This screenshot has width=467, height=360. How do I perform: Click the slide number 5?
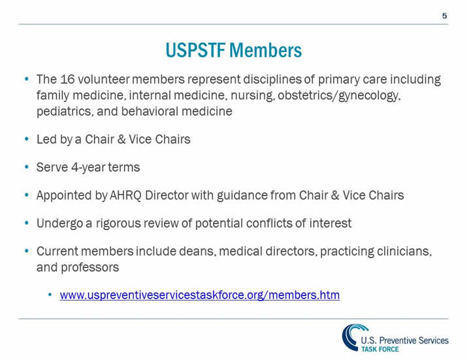click(444, 15)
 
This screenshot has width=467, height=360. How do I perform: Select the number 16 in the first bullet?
click(69, 80)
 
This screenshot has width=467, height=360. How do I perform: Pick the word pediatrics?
click(63, 111)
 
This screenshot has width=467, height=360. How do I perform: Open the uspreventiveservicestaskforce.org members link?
click(200, 295)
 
